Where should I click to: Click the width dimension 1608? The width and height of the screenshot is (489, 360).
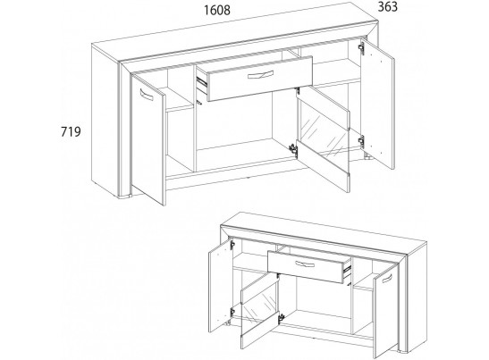click(x=217, y=10)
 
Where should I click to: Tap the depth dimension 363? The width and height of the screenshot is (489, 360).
click(x=388, y=6)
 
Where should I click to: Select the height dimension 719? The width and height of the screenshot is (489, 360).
click(x=71, y=131)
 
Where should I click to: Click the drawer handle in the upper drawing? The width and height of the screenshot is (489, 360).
click(x=260, y=75)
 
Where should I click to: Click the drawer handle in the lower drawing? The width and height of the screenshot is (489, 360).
click(x=305, y=264)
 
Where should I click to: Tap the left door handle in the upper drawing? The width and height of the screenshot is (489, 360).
click(x=147, y=95)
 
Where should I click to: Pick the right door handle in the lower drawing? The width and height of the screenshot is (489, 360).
click(x=387, y=279)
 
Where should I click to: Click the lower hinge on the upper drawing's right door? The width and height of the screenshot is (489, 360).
click(x=361, y=141)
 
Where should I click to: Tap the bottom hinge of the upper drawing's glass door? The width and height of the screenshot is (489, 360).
click(x=293, y=148)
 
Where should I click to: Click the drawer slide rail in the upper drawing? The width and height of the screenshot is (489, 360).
click(x=202, y=81)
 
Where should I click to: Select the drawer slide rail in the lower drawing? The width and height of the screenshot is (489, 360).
click(x=347, y=271)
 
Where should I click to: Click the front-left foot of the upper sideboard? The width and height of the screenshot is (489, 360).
click(x=125, y=197)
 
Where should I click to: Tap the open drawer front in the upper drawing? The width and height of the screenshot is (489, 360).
click(x=260, y=79)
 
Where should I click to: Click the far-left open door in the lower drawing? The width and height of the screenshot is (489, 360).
click(x=221, y=285)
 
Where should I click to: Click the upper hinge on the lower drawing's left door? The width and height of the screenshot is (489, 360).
click(x=232, y=246)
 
